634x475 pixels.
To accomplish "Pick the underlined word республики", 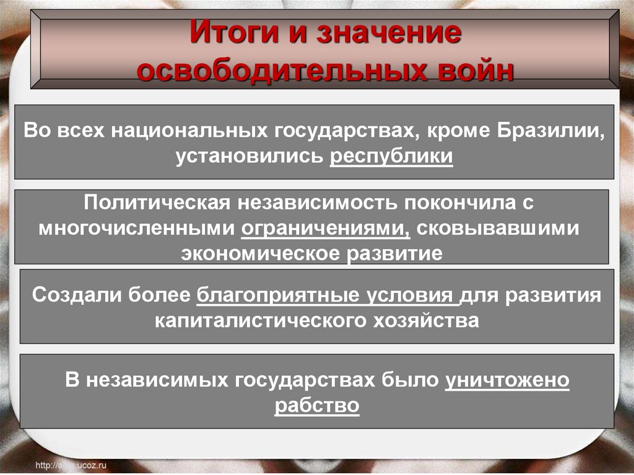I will point(391,156).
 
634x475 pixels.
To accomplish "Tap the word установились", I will point(249,156).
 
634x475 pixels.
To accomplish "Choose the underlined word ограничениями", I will point(326,228).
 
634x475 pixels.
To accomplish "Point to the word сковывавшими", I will point(498,228).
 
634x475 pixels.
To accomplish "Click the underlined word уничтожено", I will point(506,380).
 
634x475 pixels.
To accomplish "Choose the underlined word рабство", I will point(317,405).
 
